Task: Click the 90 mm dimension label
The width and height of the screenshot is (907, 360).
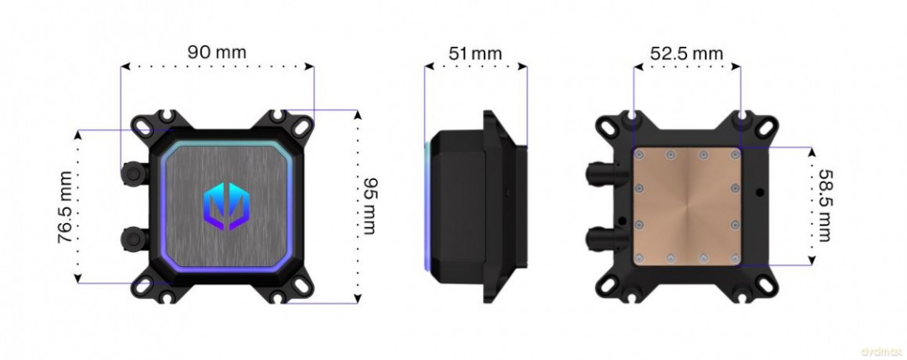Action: click(217, 52)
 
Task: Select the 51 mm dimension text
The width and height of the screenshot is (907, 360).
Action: click(476, 53)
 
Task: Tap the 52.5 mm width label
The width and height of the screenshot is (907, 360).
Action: click(686, 53)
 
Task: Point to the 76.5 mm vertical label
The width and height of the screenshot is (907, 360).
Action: click(66, 207)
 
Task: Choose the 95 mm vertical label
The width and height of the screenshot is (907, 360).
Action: click(369, 206)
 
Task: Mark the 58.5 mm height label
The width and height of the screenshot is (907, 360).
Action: click(824, 206)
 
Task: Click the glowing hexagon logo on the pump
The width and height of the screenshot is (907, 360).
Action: click(226, 203)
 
